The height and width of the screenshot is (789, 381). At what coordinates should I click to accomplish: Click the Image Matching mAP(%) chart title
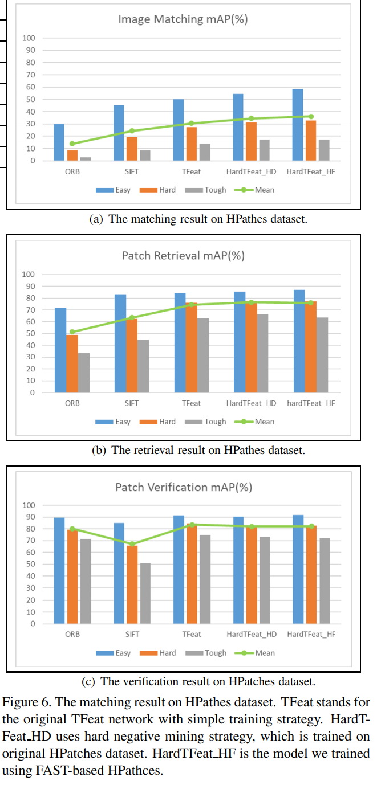click(183, 19)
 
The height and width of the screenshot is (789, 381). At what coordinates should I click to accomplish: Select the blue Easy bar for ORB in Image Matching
click(59, 142)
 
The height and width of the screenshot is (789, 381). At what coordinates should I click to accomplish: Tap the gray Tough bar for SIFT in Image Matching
click(145, 156)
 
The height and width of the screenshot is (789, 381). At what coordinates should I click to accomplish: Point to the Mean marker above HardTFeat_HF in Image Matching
click(311, 116)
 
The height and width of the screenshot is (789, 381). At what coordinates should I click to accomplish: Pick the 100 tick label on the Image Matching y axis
click(29, 38)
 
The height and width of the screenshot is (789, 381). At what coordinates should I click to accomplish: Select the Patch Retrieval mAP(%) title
click(183, 255)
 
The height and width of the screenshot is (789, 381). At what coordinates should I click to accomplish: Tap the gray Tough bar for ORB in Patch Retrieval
click(84, 373)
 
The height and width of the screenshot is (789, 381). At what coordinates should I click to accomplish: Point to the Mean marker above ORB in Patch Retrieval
click(72, 332)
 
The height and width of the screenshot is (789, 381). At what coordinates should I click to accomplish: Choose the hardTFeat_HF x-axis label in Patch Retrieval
click(311, 403)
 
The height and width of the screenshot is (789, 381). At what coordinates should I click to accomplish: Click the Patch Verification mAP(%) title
click(183, 487)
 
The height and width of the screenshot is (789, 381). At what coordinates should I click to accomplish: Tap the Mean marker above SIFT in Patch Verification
click(132, 544)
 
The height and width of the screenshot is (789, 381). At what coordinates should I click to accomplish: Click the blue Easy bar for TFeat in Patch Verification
click(179, 569)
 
